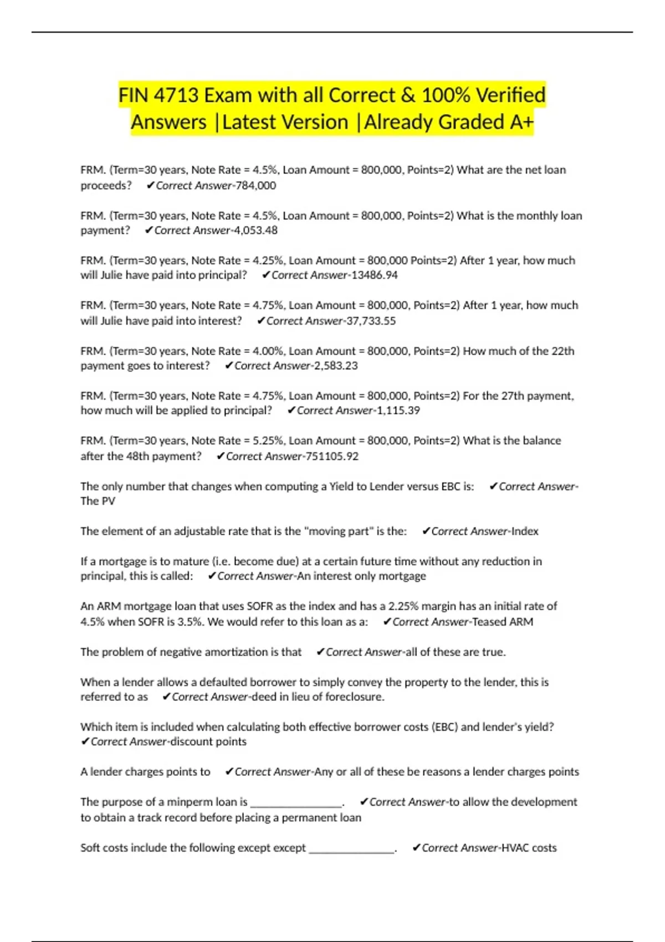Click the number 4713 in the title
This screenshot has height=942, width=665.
click(176, 95)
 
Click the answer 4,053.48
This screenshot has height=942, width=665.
click(255, 231)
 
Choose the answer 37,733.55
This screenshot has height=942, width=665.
click(371, 321)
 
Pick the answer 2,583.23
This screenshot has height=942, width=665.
click(336, 366)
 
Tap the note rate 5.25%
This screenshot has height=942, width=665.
click(267, 441)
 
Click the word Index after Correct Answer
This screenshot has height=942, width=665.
click(525, 531)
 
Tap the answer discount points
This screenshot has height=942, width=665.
click(208, 742)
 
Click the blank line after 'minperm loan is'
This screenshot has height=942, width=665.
click(296, 803)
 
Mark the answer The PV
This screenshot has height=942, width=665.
click(98, 501)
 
